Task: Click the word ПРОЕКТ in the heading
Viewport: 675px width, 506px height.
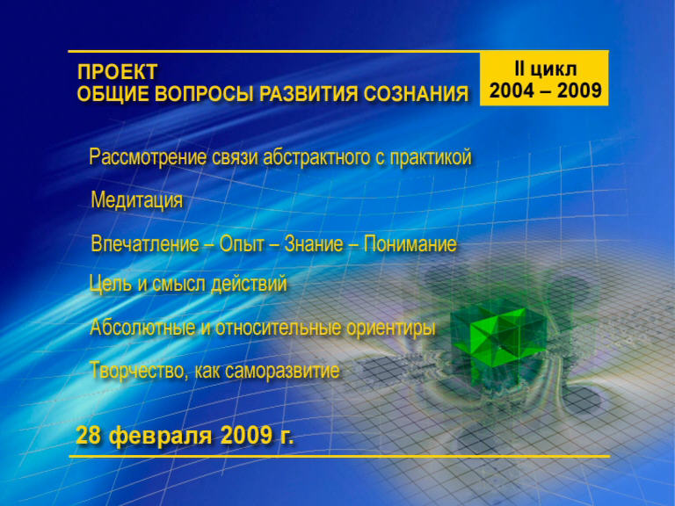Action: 117,72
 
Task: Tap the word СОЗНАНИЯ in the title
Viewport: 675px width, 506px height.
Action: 416,94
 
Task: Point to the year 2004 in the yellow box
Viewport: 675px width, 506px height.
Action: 512,90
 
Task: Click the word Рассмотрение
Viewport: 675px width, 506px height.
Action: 148,157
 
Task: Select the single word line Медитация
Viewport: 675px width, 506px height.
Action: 137,200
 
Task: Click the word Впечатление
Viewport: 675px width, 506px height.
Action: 145,244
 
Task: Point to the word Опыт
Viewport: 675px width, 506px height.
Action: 242,244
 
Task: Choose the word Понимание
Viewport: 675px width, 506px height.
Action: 410,244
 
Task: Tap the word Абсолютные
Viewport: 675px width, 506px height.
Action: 143,328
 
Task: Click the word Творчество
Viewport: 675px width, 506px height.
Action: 137,371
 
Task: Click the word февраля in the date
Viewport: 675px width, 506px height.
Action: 161,436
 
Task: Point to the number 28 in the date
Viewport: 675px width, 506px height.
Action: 88,435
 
